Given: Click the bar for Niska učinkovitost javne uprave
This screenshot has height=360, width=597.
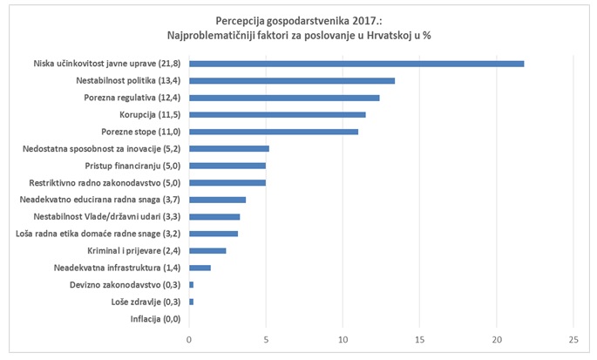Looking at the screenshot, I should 356,64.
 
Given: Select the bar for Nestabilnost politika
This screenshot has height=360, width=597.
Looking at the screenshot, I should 292,81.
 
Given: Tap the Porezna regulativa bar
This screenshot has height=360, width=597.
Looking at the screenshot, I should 284,98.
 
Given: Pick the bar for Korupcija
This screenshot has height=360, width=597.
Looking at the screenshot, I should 277,114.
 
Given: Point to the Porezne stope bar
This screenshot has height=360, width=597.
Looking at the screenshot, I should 274,132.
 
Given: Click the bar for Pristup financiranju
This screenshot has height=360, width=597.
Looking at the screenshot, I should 227,165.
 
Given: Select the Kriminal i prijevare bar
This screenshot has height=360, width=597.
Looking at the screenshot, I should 207,250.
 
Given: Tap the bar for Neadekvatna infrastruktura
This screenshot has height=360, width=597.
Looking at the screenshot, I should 200,268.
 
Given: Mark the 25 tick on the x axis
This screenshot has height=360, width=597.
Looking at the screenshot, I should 573,339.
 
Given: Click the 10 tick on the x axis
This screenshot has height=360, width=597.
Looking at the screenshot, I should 343,339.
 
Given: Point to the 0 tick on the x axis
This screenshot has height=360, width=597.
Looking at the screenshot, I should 189,339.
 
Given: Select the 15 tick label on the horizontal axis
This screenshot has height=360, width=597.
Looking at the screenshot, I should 420,339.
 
